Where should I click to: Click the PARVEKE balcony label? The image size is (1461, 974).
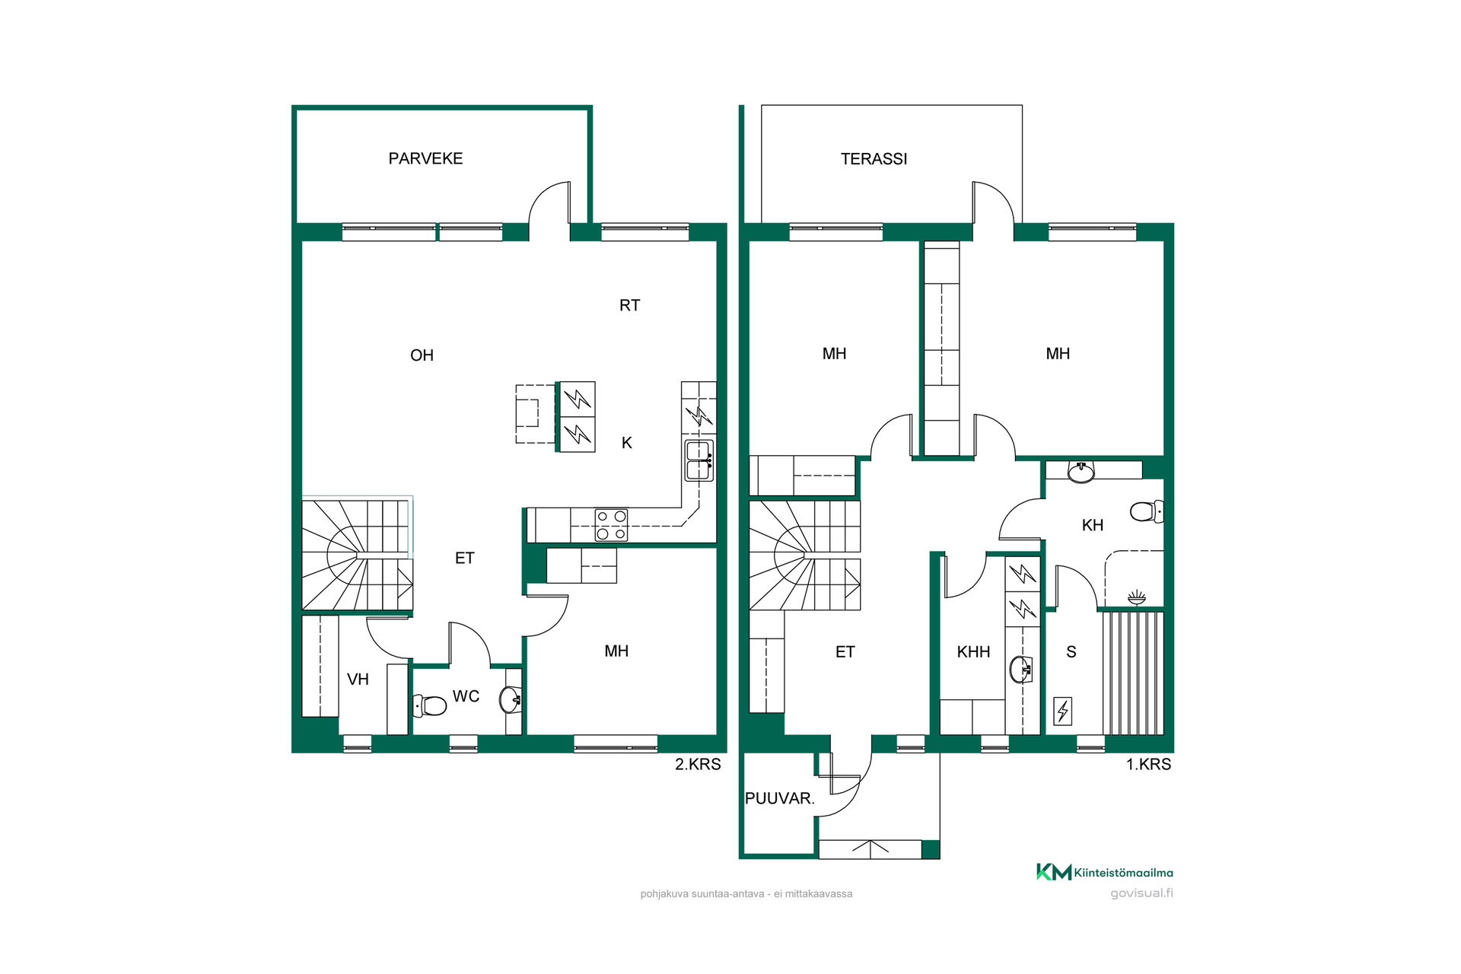[425, 158]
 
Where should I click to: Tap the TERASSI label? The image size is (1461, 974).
[874, 159]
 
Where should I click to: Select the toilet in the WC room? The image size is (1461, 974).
[429, 705]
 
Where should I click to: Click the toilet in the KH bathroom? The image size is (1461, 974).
[1147, 511]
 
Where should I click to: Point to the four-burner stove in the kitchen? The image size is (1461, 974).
[611, 525]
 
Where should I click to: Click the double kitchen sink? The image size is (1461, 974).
[699, 460]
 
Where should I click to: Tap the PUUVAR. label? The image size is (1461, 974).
[779, 798]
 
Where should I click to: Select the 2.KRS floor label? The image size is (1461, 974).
[698, 764]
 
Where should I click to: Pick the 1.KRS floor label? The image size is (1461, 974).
[1148, 764]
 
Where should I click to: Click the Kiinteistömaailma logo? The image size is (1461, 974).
[1104, 872]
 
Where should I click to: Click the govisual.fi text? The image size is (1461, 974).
[1141, 893]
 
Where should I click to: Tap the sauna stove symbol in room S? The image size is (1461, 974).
[1062, 711]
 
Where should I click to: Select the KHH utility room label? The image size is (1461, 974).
[973, 651]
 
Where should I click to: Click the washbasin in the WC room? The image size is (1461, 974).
[510, 699]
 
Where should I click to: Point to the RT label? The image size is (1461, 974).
[629, 305]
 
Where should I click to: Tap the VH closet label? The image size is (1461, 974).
[358, 679]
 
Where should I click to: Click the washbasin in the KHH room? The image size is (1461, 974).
[1020, 670]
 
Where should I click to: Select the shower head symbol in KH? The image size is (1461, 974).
[1136, 597]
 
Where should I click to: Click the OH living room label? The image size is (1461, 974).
[422, 355]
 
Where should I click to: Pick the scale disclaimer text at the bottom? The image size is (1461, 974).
[746, 894]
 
